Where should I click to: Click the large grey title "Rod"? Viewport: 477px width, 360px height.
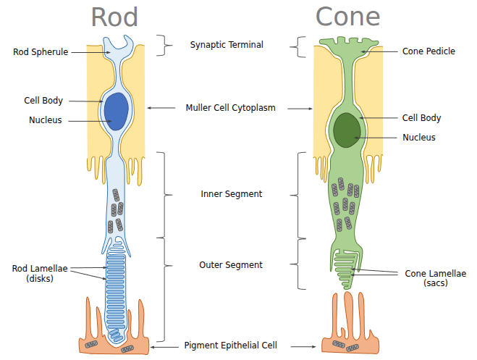click(x=114, y=17)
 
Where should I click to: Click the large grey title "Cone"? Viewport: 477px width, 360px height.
click(x=348, y=17)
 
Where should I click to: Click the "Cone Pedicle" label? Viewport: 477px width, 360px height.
click(x=429, y=51)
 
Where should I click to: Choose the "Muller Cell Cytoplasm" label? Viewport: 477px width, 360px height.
click(x=231, y=108)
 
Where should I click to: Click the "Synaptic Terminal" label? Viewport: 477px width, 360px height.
click(x=227, y=44)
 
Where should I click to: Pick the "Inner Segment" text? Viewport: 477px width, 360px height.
click(x=231, y=194)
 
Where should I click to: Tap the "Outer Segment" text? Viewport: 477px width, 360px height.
click(x=231, y=265)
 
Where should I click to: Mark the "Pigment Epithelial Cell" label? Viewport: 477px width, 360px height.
click(x=230, y=346)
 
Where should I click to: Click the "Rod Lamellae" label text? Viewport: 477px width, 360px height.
click(x=40, y=268)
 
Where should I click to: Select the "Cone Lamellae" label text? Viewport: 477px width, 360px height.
click(x=436, y=273)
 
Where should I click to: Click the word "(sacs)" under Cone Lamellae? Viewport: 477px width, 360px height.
click(x=436, y=283)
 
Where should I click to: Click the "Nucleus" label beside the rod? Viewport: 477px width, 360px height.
click(x=45, y=120)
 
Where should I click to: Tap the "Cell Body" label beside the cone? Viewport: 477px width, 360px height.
click(x=421, y=118)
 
